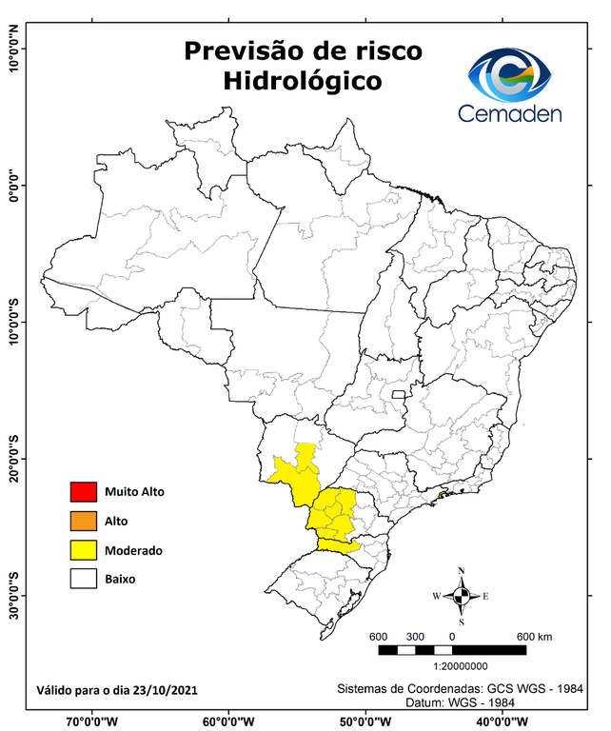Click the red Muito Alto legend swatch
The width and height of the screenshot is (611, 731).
tap(83, 492)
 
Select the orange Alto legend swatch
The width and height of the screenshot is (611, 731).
tap(83, 521)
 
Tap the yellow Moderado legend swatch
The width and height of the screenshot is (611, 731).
tap(83, 550)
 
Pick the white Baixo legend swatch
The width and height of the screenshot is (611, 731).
tap(83, 579)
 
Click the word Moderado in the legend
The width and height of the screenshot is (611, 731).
tap(134, 550)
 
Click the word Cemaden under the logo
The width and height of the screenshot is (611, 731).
tap(510, 114)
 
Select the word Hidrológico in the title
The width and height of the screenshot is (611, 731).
tap(303, 82)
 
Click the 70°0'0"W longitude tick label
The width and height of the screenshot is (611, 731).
tap(91, 721)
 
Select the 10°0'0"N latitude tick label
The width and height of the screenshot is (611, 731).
tap(14, 49)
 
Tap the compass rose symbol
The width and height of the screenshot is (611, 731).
tap(461, 597)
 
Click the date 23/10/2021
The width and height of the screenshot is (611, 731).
tap(167, 689)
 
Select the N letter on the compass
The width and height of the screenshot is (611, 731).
tap(461, 572)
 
